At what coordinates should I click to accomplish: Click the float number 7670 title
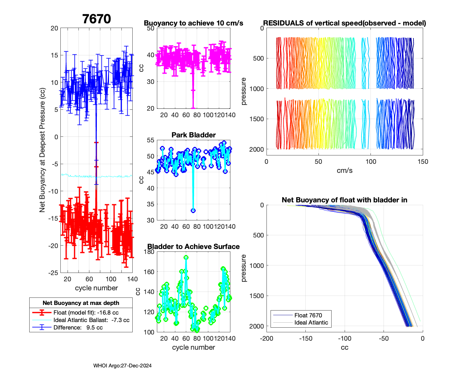pos(97,19)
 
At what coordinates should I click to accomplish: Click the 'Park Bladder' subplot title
pos(194,135)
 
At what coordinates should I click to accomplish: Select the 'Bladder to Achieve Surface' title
pos(194,246)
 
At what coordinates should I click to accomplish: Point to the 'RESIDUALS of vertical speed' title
pos(345,23)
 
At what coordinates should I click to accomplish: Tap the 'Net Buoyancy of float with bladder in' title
pos(345,200)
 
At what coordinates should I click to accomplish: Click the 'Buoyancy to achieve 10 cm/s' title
pos(194,23)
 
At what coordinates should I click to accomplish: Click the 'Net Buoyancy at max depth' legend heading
pos(81,303)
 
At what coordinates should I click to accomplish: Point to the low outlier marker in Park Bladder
pos(193,210)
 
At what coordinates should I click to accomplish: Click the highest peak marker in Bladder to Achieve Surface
pos(186,257)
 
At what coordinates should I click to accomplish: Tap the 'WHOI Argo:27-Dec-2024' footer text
pos(122,366)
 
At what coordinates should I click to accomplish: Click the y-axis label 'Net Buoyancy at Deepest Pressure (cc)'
pos(42,150)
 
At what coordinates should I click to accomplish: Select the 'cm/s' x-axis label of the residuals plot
pos(345,170)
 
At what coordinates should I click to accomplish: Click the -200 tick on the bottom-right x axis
pos(267,338)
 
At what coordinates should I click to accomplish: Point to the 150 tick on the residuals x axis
pos(423,162)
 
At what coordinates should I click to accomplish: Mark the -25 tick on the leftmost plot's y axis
pos(53,273)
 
